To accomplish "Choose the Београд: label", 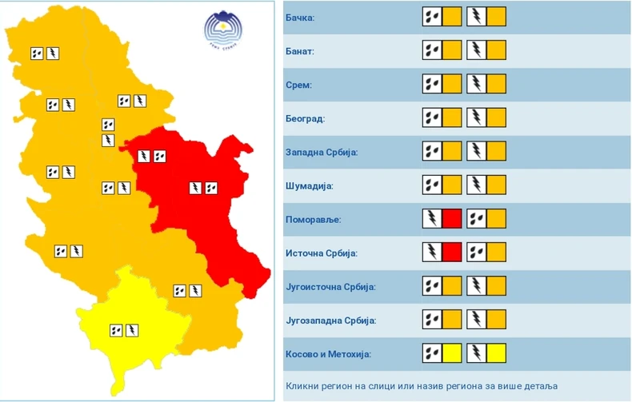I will click(x=305, y=118).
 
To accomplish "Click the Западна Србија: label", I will click(x=321, y=152).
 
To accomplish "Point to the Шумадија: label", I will click(x=309, y=185).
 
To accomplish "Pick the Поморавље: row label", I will click(x=313, y=219).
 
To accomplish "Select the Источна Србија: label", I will click(x=321, y=253).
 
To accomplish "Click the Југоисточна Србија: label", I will click(x=330, y=286).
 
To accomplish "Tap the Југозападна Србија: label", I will click(x=330, y=320).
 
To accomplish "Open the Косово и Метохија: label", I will click(x=328, y=353).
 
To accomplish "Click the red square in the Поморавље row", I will click(x=452, y=218).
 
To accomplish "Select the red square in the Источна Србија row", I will click(x=452, y=252).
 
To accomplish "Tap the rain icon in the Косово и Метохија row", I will click(x=432, y=352).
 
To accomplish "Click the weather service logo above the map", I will click(x=222, y=30).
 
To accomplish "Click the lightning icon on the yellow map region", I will click(x=132, y=328).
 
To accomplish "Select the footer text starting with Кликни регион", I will click(x=422, y=385).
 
